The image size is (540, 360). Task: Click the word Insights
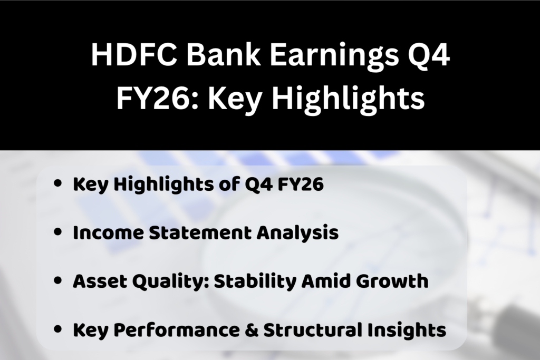[411, 330]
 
